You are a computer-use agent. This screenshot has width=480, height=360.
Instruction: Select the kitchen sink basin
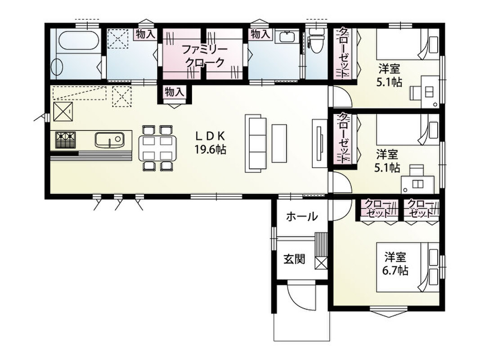109,139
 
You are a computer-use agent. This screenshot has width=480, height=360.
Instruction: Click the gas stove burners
65,139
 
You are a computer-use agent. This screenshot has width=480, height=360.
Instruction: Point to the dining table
157,148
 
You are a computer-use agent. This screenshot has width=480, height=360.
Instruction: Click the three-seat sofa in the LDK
255,143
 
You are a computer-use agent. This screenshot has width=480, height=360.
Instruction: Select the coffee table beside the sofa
279,143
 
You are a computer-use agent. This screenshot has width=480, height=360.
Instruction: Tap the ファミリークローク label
204,56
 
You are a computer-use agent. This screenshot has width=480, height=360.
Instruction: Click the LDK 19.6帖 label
211,142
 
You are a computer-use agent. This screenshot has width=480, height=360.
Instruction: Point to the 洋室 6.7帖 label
395,264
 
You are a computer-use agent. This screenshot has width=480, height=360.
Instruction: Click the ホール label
302,217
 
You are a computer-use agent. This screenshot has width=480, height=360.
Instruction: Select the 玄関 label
294,260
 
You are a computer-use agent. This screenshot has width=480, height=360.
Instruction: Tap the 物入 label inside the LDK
175,92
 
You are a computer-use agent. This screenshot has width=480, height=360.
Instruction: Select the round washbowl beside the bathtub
57,67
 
